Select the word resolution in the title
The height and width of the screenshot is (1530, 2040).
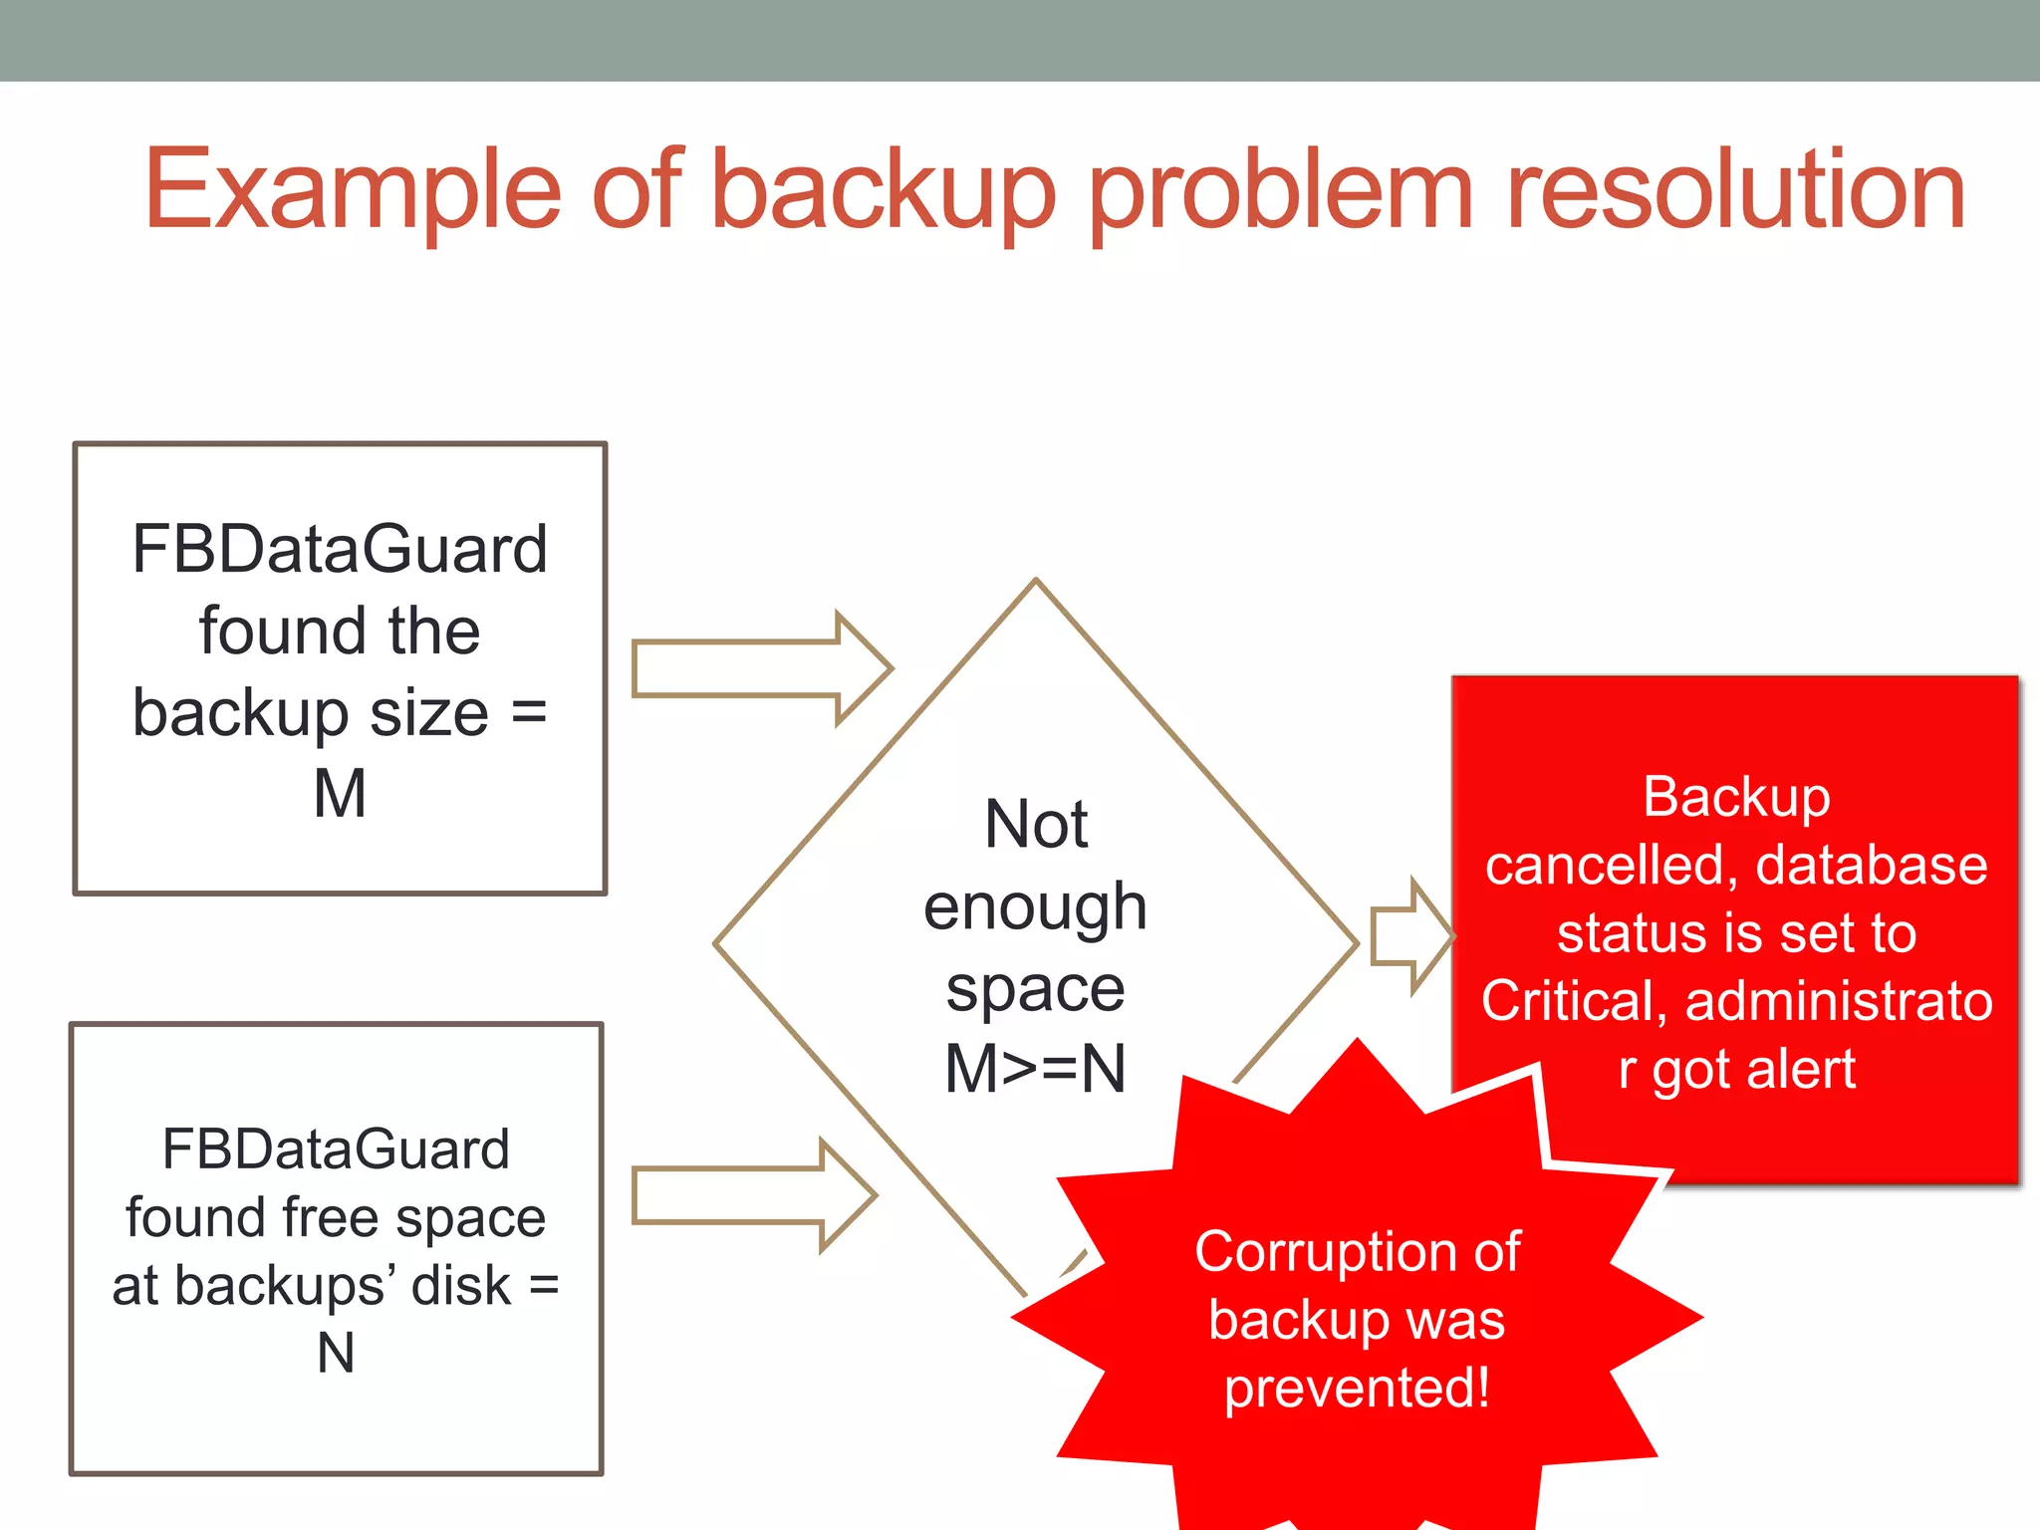tap(1734, 189)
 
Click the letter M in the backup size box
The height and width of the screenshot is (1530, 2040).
tap(340, 794)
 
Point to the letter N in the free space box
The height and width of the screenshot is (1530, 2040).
tap(336, 1353)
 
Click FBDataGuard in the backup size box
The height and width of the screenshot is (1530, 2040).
tap(340, 549)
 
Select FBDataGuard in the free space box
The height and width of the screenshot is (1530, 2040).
tap(336, 1148)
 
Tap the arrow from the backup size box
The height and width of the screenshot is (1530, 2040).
tap(761, 668)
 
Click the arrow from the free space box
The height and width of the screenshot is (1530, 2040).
tap(753, 1195)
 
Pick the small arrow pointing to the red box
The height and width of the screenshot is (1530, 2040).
tap(1410, 936)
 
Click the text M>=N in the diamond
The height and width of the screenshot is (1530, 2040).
tap(1035, 1069)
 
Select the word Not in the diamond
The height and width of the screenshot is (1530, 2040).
tap(1035, 824)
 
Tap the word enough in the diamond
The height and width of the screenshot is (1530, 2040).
tap(1035, 906)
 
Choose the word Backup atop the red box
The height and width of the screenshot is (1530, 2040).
tap(1736, 797)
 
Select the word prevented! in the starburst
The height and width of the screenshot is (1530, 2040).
tap(1357, 1388)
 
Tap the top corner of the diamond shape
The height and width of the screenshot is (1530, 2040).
tap(1036, 582)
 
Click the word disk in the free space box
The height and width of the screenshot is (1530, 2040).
tap(460, 1285)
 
